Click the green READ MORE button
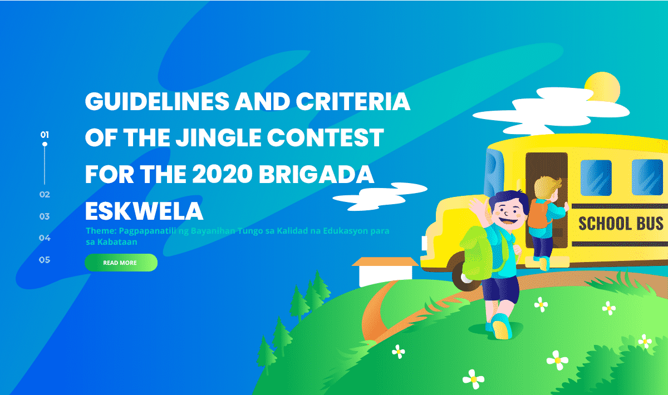pos(121,263)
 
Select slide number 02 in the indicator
pos(45,195)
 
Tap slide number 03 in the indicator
pos(45,216)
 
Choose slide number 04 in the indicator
pos(45,238)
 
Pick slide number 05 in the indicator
pos(45,260)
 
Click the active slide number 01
pos(45,135)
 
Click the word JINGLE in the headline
pos(218,138)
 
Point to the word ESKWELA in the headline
pos(144,211)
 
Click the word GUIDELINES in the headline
pos(157,101)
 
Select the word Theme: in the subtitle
pos(101,231)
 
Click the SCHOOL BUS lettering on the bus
pos(621,224)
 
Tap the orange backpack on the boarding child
pos(539,214)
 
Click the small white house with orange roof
pos(385,271)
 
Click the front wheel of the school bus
pos(464,276)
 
